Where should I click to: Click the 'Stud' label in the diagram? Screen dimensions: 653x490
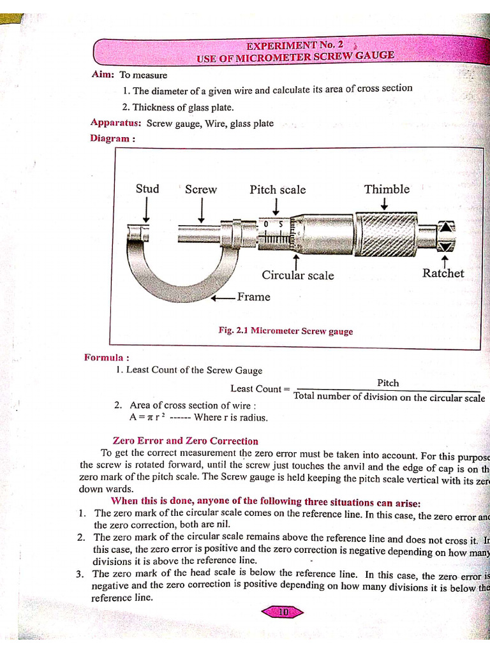click(x=147, y=189)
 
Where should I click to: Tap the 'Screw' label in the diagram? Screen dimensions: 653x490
click(x=201, y=189)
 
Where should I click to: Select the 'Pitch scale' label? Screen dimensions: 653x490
click(x=278, y=190)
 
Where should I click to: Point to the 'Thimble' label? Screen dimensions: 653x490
click(x=387, y=189)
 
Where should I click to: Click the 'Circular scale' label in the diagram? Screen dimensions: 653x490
click(x=297, y=275)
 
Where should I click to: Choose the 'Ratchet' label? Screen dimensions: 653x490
click(x=443, y=274)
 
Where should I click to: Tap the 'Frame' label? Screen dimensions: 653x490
click(x=253, y=297)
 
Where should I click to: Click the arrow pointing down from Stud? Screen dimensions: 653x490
click(x=147, y=209)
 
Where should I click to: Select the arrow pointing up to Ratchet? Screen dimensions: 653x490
click(x=445, y=260)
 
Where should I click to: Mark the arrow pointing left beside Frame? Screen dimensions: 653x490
click(x=223, y=298)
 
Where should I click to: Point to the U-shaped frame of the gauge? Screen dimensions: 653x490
click(x=153, y=268)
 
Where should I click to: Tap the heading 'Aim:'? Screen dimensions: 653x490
click(x=103, y=75)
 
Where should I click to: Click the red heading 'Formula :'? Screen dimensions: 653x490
click(x=107, y=357)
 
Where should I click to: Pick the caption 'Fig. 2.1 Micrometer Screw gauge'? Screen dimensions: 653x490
click(x=285, y=331)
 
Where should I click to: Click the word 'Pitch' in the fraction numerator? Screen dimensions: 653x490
click(x=388, y=383)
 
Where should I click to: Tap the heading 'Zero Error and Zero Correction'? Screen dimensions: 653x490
click(x=185, y=441)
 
